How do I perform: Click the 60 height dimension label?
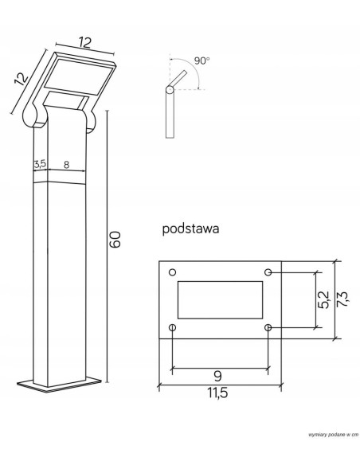click(115, 240)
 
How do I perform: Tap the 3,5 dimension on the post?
click(40, 165)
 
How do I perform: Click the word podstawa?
click(190, 229)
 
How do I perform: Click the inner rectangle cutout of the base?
click(221, 299)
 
